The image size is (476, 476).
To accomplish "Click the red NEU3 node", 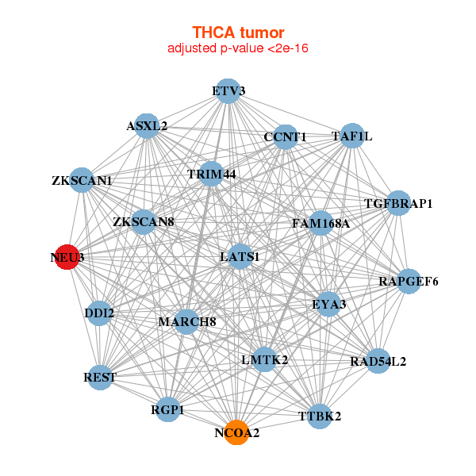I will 67,258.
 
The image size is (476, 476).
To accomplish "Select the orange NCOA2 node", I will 236,432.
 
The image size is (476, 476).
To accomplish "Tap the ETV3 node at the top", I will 228,91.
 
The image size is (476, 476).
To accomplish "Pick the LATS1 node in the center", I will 240,256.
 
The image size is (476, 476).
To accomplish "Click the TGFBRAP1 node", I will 398,204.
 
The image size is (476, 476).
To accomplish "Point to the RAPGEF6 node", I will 409,281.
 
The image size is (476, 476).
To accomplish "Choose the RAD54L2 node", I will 378,362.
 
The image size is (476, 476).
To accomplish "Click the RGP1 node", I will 167,409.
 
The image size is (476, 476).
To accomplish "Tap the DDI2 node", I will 99,313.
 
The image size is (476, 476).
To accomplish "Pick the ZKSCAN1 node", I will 82,181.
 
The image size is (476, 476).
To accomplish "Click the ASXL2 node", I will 147,125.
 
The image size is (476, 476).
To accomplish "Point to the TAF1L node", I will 351,136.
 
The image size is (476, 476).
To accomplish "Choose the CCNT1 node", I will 285,137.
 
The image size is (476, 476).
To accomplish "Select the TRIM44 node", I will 212,174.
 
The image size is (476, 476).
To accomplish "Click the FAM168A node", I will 321,223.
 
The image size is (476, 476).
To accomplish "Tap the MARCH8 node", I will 187,321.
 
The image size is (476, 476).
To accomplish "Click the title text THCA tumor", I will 237,33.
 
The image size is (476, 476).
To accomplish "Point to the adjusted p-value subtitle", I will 237,48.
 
